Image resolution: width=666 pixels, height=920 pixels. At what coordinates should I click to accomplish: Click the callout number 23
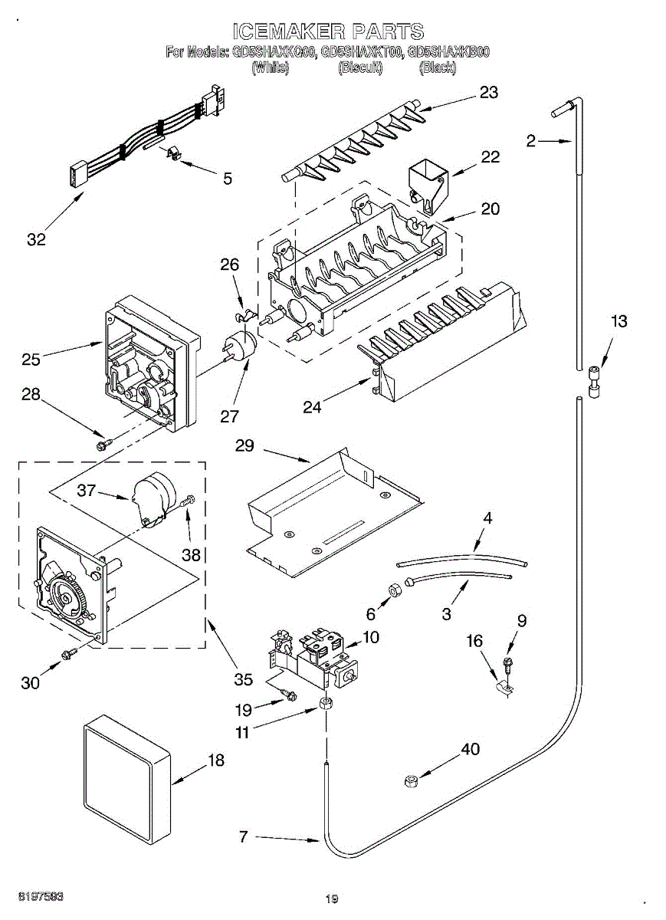pyautogui.click(x=488, y=92)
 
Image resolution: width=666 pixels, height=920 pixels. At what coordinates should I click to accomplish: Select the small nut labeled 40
pyautogui.click(x=409, y=781)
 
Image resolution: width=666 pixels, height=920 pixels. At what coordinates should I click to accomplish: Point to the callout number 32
pyautogui.click(x=36, y=239)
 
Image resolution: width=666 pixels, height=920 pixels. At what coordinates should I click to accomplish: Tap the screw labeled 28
pyautogui.click(x=102, y=443)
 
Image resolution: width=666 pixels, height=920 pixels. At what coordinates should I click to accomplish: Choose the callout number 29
pyautogui.click(x=245, y=446)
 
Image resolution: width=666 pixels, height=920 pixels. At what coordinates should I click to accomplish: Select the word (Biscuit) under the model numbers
pyautogui.click(x=359, y=67)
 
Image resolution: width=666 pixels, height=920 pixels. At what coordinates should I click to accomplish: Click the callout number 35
pyautogui.click(x=243, y=678)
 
